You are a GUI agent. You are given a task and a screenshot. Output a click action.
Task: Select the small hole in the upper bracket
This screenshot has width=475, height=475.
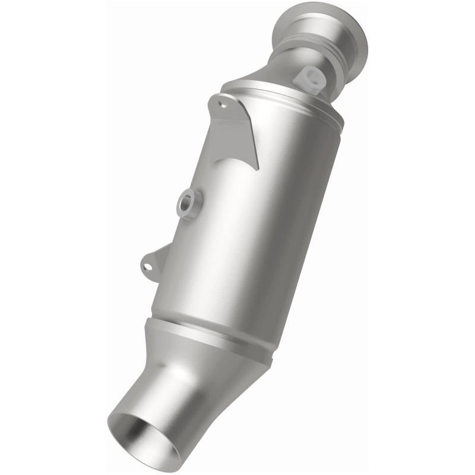pos(223,104)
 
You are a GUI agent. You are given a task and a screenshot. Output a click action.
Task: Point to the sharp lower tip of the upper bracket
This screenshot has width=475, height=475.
pos(256,168)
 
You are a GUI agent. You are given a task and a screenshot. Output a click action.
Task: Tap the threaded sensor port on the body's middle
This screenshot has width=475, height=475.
pos(189,205)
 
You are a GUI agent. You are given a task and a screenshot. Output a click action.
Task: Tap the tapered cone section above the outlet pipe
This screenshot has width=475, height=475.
pos(202,368)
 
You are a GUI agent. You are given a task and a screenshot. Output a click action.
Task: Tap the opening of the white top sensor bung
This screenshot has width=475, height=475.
pos(309,75)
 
